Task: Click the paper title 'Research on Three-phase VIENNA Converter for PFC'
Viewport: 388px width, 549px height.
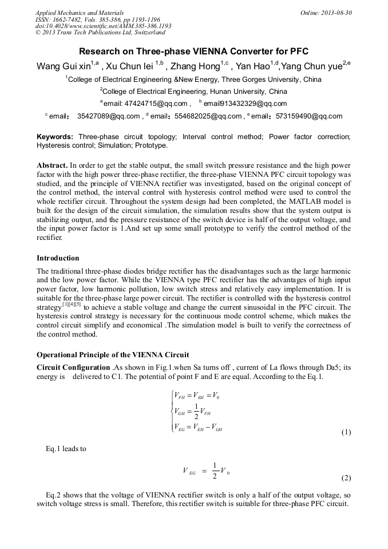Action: (193, 51)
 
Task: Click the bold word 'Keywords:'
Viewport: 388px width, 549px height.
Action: (55, 137)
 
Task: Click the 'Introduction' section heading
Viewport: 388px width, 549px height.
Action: (58, 258)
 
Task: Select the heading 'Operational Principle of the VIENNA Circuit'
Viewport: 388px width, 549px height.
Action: (113, 354)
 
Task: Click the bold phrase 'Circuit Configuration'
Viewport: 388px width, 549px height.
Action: (73, 367)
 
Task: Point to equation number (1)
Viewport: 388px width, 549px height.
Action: (346, 432)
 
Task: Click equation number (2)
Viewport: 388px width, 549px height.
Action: (346, 477)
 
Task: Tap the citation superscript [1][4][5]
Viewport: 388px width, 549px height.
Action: (72, 305)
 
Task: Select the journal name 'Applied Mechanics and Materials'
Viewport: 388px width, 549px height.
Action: (80, 12)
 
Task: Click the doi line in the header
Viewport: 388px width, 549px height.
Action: (103, 26)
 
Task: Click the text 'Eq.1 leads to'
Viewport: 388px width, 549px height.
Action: (66, 449)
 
